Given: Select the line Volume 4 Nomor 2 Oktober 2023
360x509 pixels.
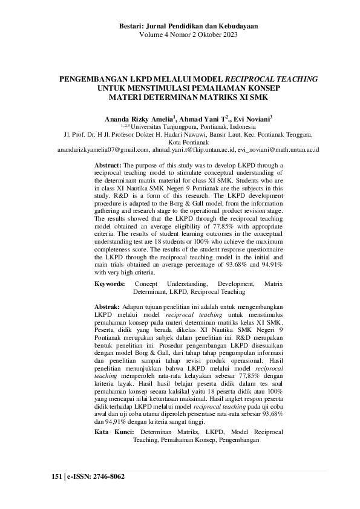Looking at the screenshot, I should [180, 35].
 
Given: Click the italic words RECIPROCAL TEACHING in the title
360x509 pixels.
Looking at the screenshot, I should [271, 79].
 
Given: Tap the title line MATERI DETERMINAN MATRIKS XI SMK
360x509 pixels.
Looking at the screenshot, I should [180, 96].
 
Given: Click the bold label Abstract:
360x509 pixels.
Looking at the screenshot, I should [108, 164].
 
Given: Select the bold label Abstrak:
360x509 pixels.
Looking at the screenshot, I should [108, 307].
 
